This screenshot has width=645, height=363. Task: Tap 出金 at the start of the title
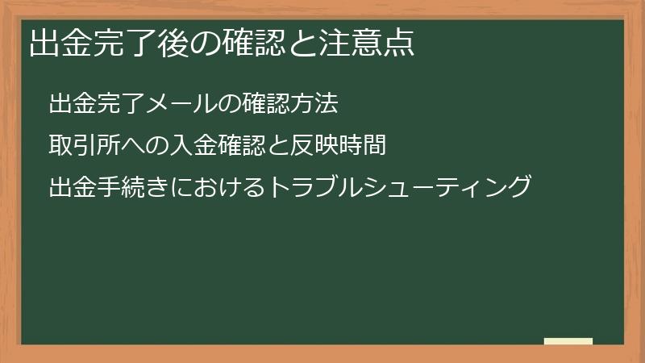59,43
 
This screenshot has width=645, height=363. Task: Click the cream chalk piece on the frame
568,341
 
